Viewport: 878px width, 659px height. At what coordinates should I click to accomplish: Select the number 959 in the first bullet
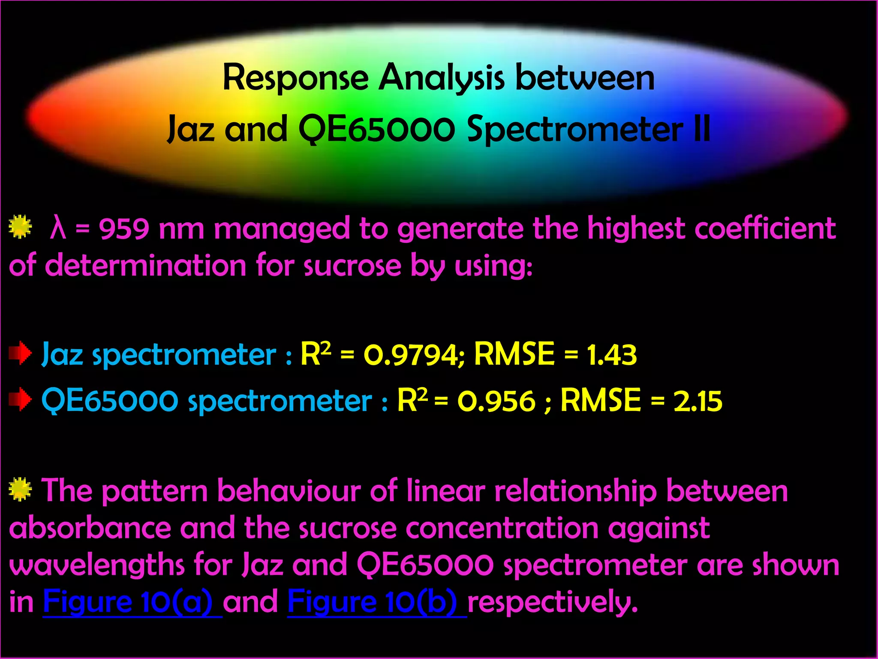[x=124, y=229]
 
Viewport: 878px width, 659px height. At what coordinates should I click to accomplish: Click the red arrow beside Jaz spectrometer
[x=20, y=354]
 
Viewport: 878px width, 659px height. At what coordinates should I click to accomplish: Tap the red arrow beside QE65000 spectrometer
[x=20, y=399]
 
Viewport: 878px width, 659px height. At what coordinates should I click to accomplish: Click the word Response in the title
[x=295, y=78]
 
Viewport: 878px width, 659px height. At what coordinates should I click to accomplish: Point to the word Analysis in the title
[x=442, y=79]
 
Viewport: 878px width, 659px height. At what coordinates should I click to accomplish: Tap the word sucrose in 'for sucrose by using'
[x=352, y=266]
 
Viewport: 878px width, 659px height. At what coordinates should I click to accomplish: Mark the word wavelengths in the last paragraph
[x=97, y=565]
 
